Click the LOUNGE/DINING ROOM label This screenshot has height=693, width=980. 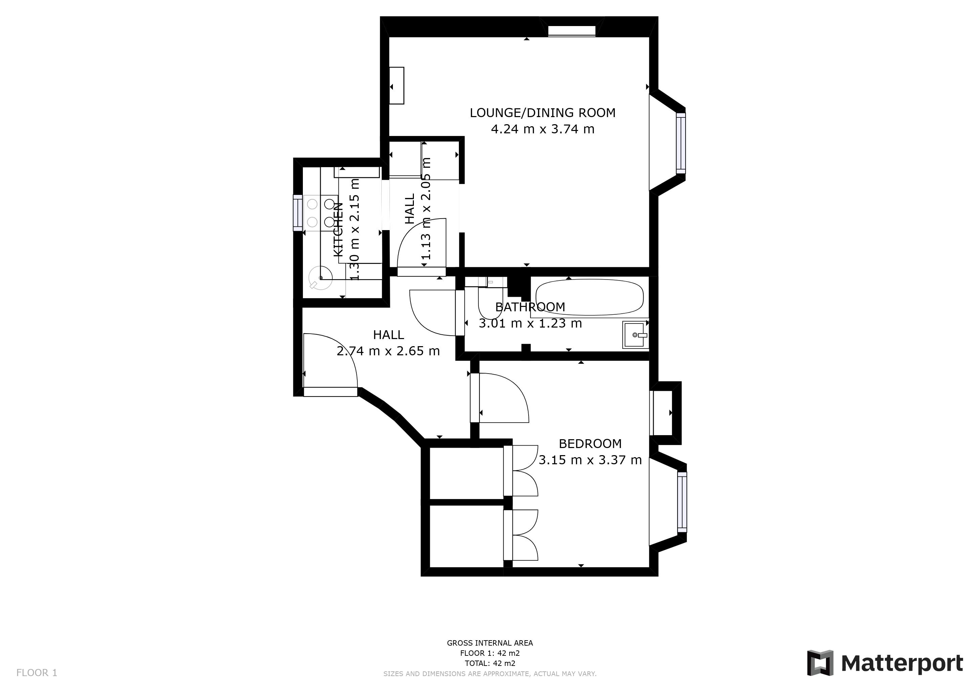click(542, 113)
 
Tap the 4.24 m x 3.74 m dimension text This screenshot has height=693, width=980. click(542, 129)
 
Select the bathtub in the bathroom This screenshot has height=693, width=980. click(589, 297)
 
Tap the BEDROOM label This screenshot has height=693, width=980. click(590, 444)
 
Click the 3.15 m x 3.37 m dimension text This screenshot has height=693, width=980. click(590, 460)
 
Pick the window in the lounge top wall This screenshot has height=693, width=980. click(572, 31)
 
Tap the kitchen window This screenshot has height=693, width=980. click(297, 213)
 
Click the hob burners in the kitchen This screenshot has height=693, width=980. click(320, 213)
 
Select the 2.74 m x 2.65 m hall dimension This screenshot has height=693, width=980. click(388, 351)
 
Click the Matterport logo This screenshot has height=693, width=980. click(885, 663)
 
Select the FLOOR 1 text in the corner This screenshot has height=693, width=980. click(37, 673)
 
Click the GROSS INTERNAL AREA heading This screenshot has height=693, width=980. click(490, 643)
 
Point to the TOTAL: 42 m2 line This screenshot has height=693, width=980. click(490, 663)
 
